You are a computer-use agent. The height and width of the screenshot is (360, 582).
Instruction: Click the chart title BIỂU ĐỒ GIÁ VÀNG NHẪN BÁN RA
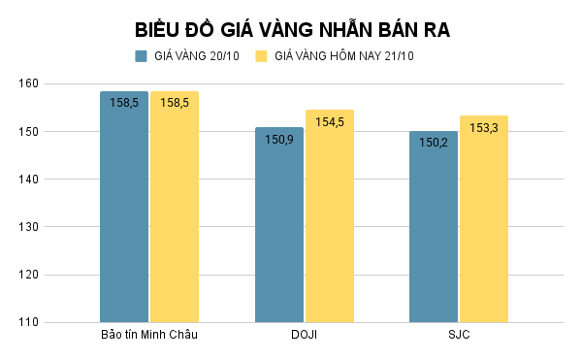[x=292, y=30]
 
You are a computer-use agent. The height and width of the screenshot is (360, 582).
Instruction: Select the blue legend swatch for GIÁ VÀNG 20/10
[x=141, y=56]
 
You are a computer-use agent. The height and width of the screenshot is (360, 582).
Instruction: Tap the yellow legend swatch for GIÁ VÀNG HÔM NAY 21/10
[x=261, y=56]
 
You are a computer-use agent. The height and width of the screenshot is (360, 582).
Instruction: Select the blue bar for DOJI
[x=278, y=228]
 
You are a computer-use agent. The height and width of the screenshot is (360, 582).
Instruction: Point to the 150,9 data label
[x=278, y=139]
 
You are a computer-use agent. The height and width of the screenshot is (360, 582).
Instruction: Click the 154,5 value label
[x=329, y=122]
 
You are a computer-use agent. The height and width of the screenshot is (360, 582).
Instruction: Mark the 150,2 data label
[x=433, y=143]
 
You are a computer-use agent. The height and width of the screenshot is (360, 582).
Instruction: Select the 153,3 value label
[x=483, y=128]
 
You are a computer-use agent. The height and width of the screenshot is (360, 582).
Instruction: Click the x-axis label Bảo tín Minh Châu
[x=149, y=336]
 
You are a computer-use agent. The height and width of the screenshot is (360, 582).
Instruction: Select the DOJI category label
[x=304, y=336]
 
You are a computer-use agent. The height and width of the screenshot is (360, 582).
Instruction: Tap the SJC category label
[x=458, y=336]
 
